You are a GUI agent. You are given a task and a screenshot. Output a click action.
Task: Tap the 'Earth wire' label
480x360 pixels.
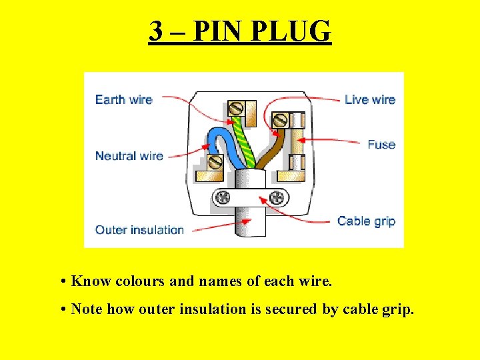coord(124,99)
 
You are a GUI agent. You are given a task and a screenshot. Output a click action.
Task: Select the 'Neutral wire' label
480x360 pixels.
coord(129,156)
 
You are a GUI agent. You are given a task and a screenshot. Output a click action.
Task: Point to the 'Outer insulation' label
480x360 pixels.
coord(139,230)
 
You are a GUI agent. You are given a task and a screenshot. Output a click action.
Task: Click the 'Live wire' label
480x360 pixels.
coord(370,99)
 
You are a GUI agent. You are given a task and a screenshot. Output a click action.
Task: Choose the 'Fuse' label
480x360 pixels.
coord(381,144)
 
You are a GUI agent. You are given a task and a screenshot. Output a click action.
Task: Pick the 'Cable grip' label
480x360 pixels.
coord(366,221)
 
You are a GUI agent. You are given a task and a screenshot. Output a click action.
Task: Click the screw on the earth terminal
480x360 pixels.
coord(235,109)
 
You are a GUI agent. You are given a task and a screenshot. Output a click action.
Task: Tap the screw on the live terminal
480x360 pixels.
coord(281,121)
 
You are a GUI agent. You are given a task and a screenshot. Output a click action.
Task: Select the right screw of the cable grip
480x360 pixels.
coord(276,197)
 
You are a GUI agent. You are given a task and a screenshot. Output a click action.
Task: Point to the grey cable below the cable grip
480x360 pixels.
coord(250,223)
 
